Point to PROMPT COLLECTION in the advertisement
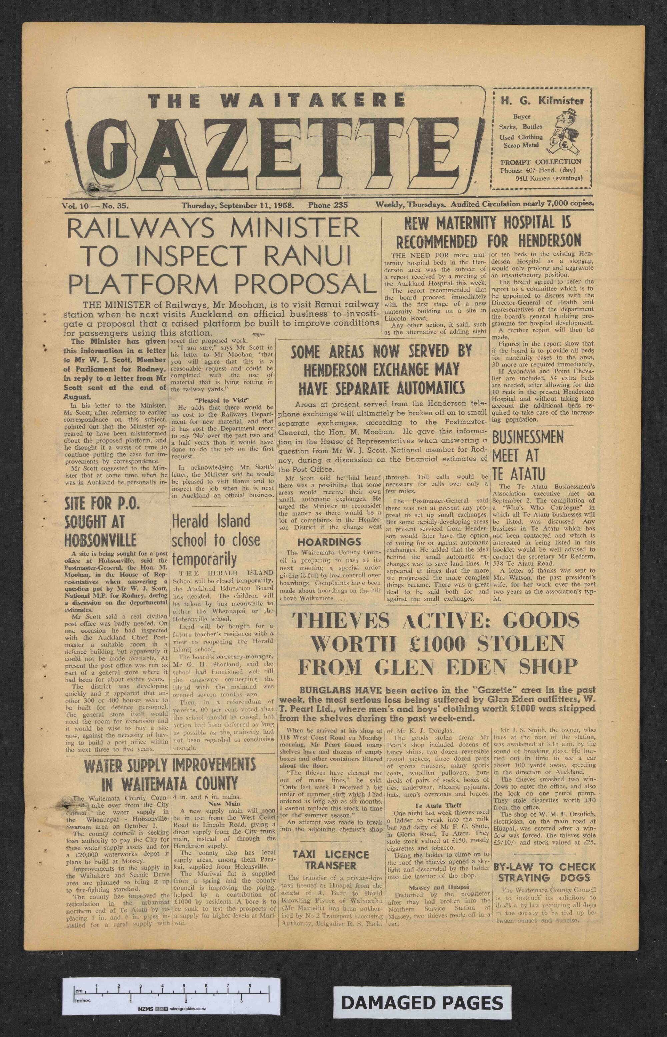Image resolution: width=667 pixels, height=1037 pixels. click(x=541, y=162)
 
